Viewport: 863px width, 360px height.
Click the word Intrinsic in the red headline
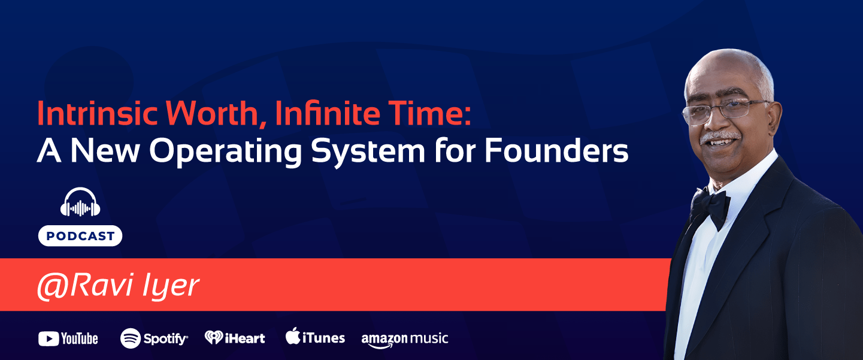coord(98,113)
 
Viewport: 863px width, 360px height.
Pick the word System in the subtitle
coord(368,152)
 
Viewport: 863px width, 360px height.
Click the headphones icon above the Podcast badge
coord(80,202)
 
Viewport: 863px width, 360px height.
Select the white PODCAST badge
coord(80,235)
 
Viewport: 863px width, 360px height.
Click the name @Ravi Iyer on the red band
coord(118,286)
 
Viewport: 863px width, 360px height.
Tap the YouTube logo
coord(68,338)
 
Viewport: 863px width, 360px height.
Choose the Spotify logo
coord(154,338)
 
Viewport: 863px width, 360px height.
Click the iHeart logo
coord(235,338)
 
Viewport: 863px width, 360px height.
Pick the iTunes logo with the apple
coord(315,337)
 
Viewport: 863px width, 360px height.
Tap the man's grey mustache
coord(720,137)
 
